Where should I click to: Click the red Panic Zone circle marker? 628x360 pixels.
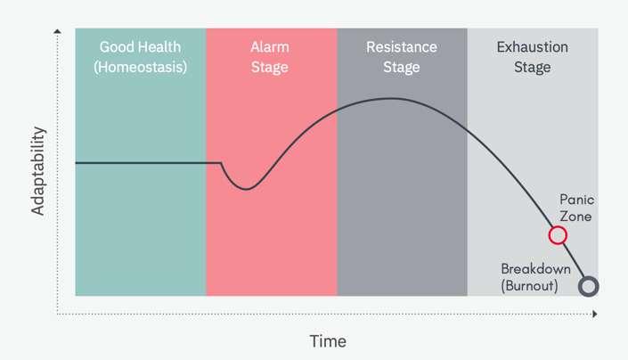pyautogui.click(x=558, y=235)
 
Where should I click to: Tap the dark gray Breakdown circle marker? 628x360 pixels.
pyautogui.click(x=588, y=286)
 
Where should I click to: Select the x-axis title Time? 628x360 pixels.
pyautogui.click(x=328, y=341)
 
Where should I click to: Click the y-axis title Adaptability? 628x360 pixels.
pyautogui.click(x=39, y=171)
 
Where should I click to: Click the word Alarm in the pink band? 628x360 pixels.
pyautogui.click(x=271, y=47)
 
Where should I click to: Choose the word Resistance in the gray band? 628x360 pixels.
pyautogui.click(x=402, y=47)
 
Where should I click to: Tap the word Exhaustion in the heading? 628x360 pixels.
pyautogui.click(x=532, y=47)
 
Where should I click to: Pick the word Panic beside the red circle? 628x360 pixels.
pyautogui.click(x=575, y=200)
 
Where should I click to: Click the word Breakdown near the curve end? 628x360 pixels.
pyautogui.click(x=535, y=268)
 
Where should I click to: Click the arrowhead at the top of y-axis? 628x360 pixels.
pyautogui.click(x=57, y=32)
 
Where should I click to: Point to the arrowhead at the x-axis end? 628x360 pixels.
pyautogui.click(x=594, y=314)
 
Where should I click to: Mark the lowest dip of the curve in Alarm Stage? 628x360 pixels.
pyautogui.click(x=249, y=188)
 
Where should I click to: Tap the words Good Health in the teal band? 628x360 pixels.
pyautogui.click(x=140, y=47)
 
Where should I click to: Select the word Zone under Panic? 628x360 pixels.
pyautogui.click(x=575, y=216)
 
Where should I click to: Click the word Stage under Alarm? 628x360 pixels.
pyautogui.click(x=271, y=66)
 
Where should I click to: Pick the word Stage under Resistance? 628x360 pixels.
pyautogui.click(x=402, y=66)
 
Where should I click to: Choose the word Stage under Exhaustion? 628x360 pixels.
pyautogui.click(x=532, y=66)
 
